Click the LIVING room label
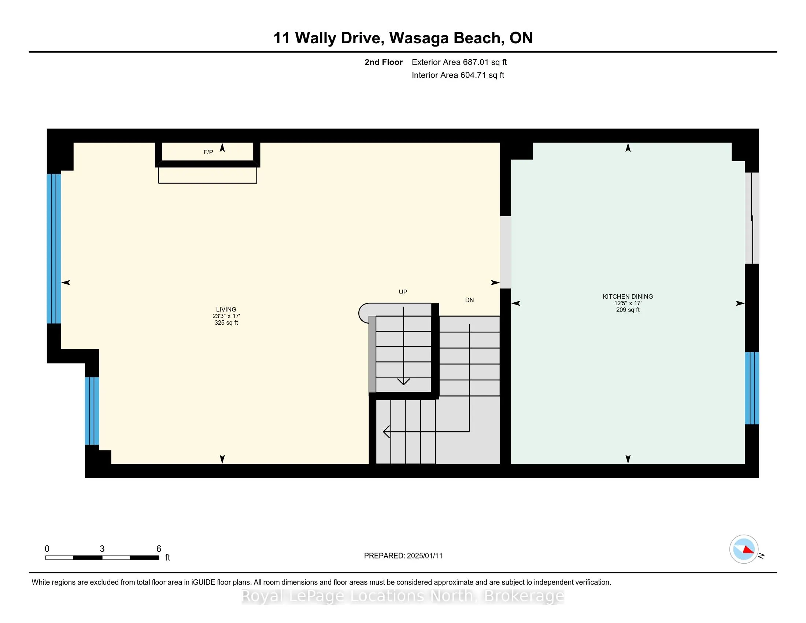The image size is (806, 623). (226, 309)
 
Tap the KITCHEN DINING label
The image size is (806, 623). (627, 296)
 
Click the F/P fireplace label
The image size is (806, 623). (208, 152)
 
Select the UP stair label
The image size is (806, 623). (403, 292)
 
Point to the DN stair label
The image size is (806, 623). (469, 300)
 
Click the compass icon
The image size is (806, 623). (743, 549)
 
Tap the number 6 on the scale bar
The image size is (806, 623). (159, 549)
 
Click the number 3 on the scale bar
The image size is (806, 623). (102, 549)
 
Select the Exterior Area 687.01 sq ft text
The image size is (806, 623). (459, 62)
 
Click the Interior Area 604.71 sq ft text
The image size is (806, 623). (458, 75)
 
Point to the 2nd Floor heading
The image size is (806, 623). (383, 62)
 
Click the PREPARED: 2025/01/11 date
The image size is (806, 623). (403, 556)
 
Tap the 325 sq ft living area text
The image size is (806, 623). (226, 322)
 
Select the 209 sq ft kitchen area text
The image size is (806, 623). (627, 310)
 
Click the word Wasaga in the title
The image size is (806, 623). (419, 38)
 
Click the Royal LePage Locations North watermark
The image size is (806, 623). (403, 596)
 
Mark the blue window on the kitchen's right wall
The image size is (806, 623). (752, 388)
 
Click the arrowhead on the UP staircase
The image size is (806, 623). (403, 381)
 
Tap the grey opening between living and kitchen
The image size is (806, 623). (505, 252)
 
